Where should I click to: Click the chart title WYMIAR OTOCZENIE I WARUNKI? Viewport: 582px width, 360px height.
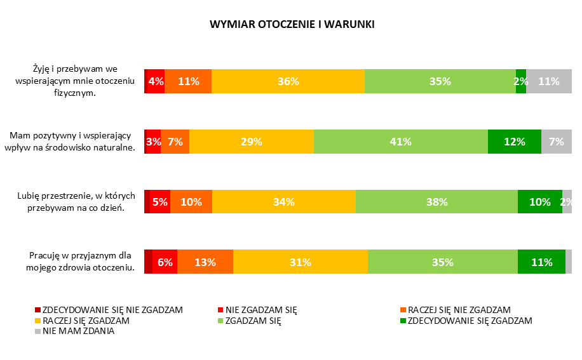coord(292,25)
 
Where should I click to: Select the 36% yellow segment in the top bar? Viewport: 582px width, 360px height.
coord(288,81)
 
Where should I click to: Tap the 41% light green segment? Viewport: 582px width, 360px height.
coord(400,142)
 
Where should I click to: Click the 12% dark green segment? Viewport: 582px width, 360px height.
coord(514,142)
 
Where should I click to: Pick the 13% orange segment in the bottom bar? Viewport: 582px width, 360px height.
coord(205,262)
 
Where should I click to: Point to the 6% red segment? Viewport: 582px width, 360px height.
coord(165,262)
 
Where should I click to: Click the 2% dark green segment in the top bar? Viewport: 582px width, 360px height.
coord(520,81)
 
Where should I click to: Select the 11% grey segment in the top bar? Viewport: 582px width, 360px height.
coord(548,81)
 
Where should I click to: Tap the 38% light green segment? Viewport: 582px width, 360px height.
coord(436,202)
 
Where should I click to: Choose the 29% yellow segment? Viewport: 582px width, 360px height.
coord(251,142)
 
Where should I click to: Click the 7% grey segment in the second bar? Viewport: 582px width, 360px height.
coord(556,142)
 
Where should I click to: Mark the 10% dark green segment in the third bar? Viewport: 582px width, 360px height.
coord(539,202)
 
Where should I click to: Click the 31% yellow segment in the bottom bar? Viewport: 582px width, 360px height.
coord(300,262)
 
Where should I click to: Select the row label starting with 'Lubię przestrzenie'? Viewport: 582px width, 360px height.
coord(76,202)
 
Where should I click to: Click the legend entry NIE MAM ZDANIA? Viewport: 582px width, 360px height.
coord(78,331)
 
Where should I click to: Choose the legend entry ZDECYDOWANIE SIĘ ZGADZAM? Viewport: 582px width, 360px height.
coord(470,321)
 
